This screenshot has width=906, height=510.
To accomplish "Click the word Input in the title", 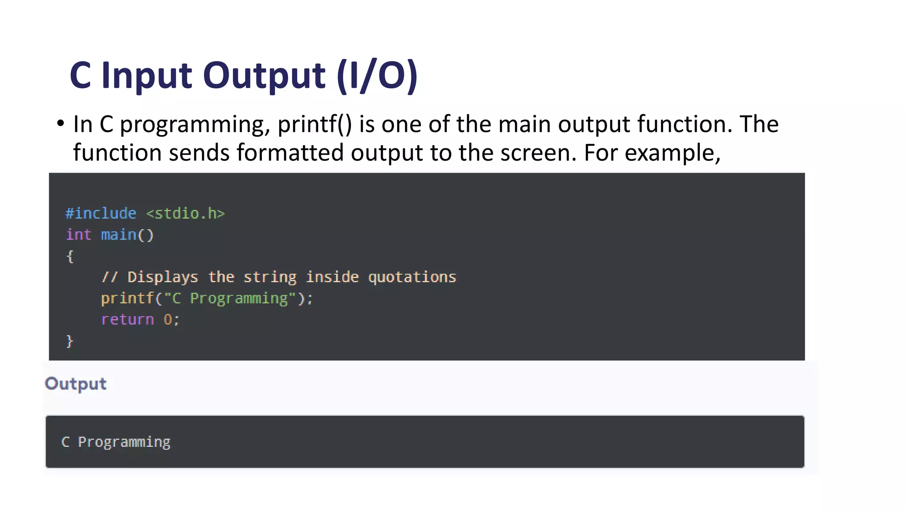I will (x=147, y=76).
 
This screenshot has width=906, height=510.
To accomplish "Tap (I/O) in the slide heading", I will (x=377, y=76).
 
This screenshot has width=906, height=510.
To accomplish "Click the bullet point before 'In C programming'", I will (x=61, y=124).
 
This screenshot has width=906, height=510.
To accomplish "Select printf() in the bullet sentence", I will (x=315, y=124).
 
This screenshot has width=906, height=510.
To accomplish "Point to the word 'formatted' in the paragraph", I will (x=290, y=153).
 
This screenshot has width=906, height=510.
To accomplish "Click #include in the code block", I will (x=101, y=213).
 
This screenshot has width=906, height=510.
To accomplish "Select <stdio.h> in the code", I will (x=185, y=213).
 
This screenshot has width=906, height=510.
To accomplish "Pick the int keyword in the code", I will (x=78, y=235).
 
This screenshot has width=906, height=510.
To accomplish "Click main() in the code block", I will (x=127, y=235).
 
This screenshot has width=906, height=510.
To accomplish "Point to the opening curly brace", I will (x=69, y=256).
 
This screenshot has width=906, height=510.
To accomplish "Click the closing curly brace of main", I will (x=69, y=341).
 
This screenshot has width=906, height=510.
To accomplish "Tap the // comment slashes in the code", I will (x=109, y=277).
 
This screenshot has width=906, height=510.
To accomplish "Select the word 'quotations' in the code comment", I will (x=412, y=277).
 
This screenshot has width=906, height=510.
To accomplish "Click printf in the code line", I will (x=127, y=298).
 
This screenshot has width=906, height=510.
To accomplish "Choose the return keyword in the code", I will (x=127, y=320).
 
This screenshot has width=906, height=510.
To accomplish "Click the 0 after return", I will (x=168, y=320).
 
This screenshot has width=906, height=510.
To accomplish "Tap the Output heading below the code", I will (x=76, y=384).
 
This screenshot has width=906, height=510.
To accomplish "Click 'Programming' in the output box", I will (x=124, y=442).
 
